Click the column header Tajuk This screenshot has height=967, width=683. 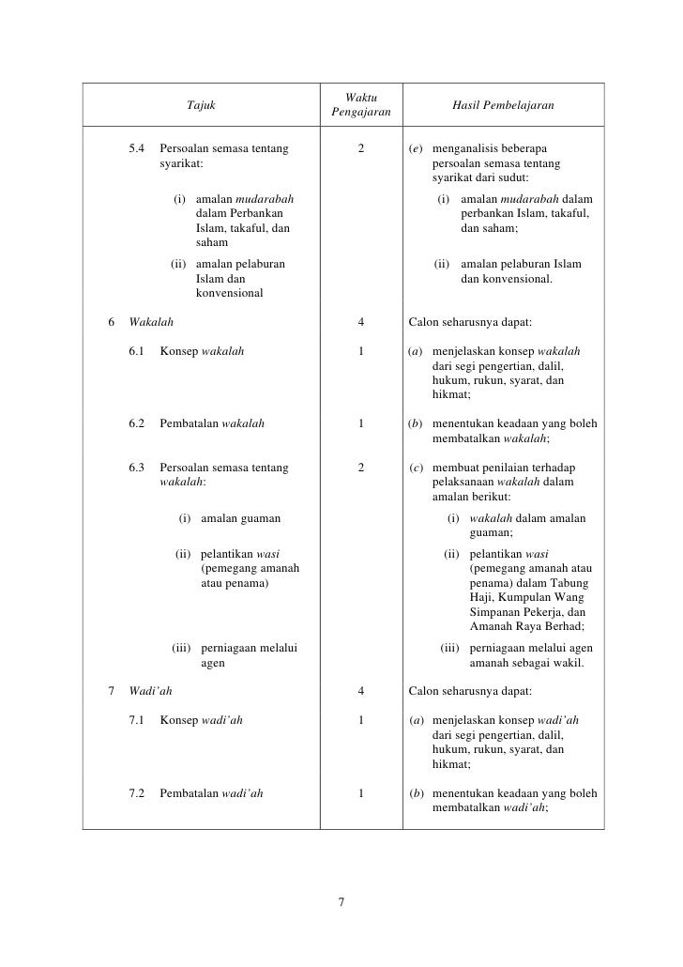pyautogui.click(x=201, y=105)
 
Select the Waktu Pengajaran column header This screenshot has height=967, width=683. pyautogui.click(x=361, y=105)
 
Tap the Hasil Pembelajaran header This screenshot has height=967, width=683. pyautogui.click(x=503, y=105)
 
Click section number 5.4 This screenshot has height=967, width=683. pyautogui.click(x=138, y=148)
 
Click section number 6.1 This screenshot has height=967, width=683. pyautogui.click(x=138, y=352)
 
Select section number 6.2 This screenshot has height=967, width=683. pyautogui.click(x=138, y=423)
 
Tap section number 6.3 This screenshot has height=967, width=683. pyautogui.click(x=138, y=468)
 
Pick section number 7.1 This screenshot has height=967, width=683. pyautogui.click(x=138, y=721)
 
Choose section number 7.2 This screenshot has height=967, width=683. pyautogui.click(x=138, y=792)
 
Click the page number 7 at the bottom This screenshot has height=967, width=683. pyautogui.click(x=341, y=903)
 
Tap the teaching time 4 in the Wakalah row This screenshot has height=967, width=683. pyautogui.click(x=361, y=323)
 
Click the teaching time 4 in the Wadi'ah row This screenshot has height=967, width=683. pyautogui.click(x=361, y=692)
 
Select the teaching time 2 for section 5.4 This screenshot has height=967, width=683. pyautogui.click(x=361, y=148)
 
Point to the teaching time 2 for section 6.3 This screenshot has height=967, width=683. pyautogui.click(x=361, y=468)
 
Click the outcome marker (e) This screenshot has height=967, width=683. pyautogui.click(x=415, y=148)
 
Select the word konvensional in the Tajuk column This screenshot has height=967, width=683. pyautogui.click(x=229, y=293)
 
